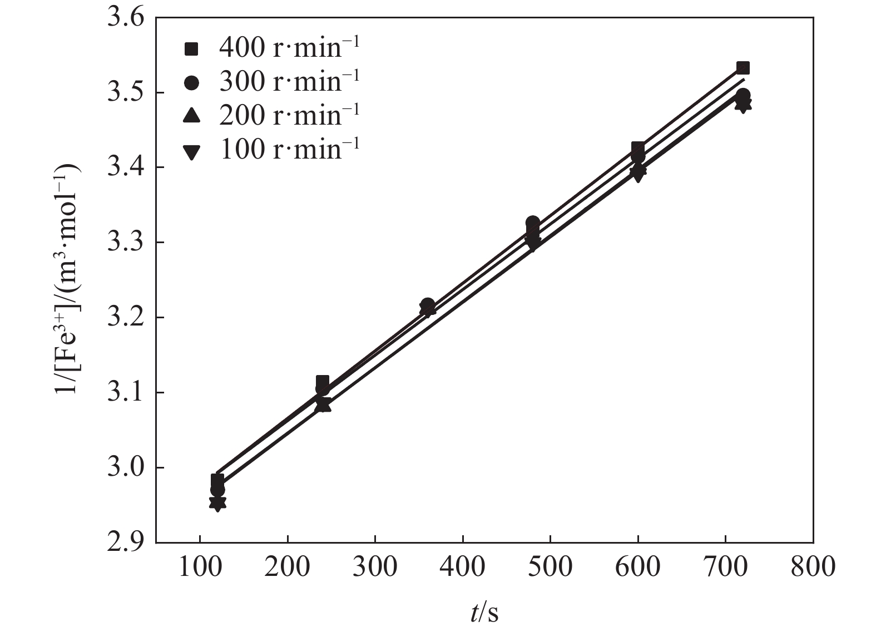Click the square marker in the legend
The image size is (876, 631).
point(191,50)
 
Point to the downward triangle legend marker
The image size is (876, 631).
point(191,151)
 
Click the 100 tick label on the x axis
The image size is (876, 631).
point(200,566)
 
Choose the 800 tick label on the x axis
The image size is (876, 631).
point(813,566)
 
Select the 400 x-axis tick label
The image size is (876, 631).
point(463,566)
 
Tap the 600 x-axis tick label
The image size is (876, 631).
point(637,566)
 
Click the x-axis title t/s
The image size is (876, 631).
point(484,612)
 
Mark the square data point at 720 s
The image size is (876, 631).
point(743,68)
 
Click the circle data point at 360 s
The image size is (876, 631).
point(428,305)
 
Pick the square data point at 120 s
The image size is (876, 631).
point(217,480)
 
